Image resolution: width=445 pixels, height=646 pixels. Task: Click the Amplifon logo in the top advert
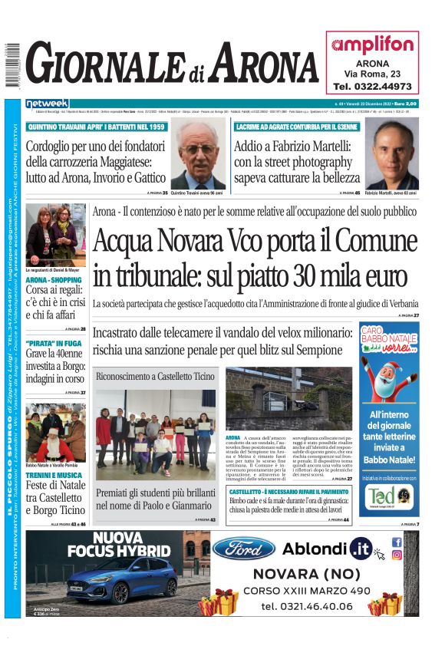372,45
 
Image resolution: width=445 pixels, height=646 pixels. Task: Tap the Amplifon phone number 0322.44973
372,87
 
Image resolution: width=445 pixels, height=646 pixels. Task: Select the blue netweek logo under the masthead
47,104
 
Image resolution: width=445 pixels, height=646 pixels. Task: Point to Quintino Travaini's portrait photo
197,153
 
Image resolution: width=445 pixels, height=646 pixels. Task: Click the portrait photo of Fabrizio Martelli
391,153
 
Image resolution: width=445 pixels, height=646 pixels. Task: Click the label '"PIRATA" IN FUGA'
51,343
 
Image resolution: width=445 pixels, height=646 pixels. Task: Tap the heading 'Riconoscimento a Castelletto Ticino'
155,377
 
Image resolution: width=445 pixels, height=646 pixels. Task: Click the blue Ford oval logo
243,548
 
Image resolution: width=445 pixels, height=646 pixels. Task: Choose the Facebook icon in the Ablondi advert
397,542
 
